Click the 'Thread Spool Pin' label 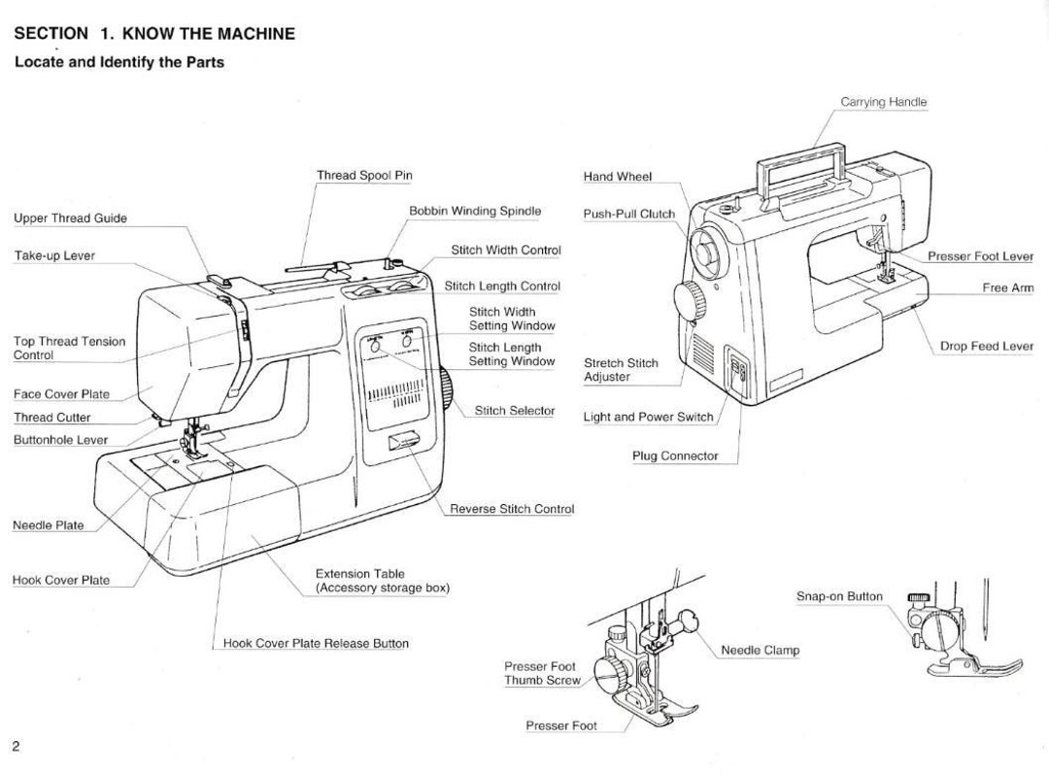tap(364, 175)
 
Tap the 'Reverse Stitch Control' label tap(512, 509)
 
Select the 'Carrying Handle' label tap(884, 102)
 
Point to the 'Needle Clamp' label tap(760, 651)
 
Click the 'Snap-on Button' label tap(839, 596)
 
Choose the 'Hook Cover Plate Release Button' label tap(316, 644)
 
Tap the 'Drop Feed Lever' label tap(987, 346)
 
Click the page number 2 tap(17, 747)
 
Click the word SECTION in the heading tap(51, 33)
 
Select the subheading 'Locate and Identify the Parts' tap(119, 62)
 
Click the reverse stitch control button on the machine tap(403, 442)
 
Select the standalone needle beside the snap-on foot tap(986, 610)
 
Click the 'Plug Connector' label tap(675, 456)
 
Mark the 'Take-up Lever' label tap(54, 255)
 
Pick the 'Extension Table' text tap(360, 574)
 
